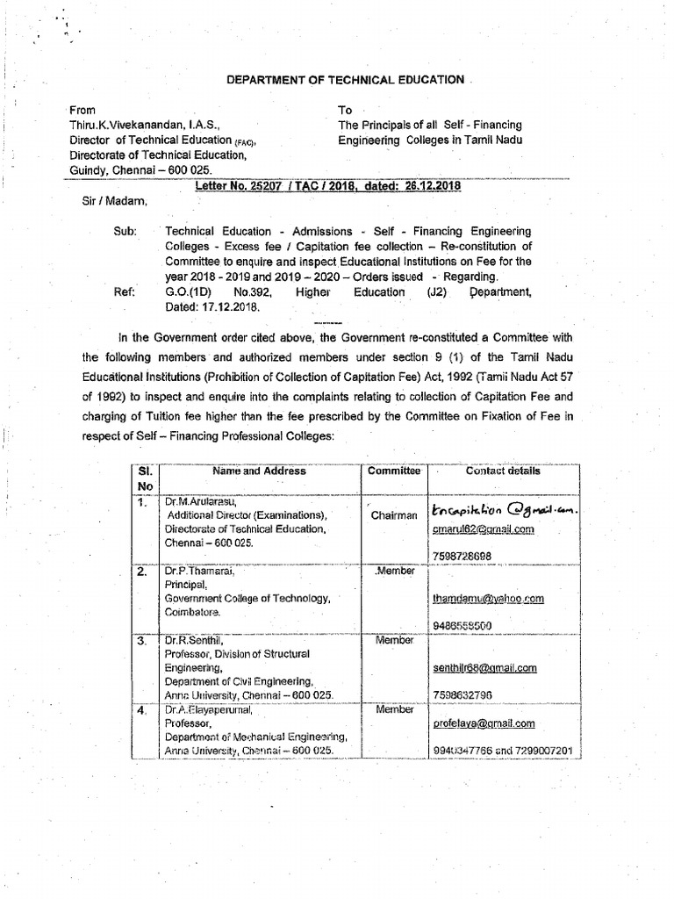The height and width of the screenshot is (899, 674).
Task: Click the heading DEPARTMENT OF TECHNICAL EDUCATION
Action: pos(345,80)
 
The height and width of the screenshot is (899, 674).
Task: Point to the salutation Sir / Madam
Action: pos(110,202)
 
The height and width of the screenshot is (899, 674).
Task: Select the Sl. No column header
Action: pos(145,478)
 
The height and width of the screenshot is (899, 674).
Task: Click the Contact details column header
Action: pos(503,471)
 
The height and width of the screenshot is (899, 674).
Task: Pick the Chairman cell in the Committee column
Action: pos(394,516)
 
